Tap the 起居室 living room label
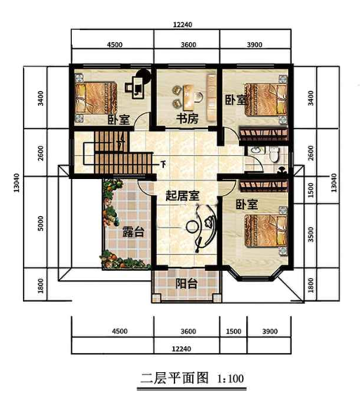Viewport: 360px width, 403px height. pyautogui.click(x=182, y=196)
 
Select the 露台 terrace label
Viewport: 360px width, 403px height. pyautogui.click(x=132, y=232)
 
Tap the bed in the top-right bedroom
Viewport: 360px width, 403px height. pyautogui.click(x=265, y=101)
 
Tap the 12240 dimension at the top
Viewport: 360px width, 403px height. pyautogui.click(x=184, y=25)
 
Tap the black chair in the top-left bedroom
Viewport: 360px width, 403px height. pyautogui.click(x=142, y=80)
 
